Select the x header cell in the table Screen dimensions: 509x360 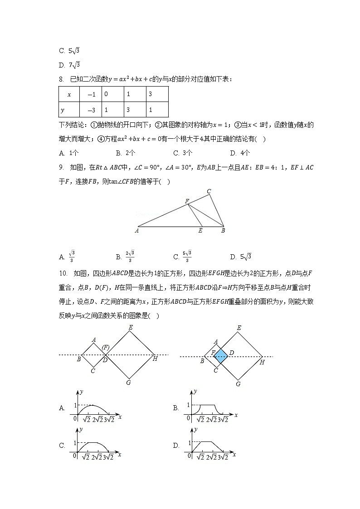(x=69, y=95)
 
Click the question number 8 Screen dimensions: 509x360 (x=61, y=79)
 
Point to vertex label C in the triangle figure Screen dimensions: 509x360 (x=209, y=191)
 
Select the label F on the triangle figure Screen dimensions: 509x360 (x=186, y=200)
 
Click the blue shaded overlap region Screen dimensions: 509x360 (x=221, y=356)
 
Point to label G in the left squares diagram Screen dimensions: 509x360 (x=129, y=383)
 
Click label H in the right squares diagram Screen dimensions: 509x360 (x=262, y=362)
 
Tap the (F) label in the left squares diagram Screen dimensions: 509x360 (x=105, y=347)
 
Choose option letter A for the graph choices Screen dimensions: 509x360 (x=62, y=408)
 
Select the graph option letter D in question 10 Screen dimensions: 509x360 (x=176, y=446)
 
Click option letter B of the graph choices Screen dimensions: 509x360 (x=176, y=408)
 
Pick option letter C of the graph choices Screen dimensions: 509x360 (x=62, y=446)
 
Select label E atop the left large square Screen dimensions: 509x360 (x=131, y=327)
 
